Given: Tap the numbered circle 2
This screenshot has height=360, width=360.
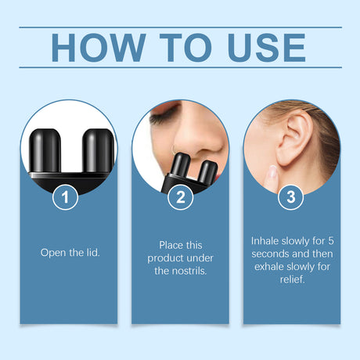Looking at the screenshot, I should [x=180, y=197].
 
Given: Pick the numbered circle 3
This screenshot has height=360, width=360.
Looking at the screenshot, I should [x=291, y=197].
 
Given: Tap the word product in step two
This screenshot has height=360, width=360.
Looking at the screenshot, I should [x=164, y=258].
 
